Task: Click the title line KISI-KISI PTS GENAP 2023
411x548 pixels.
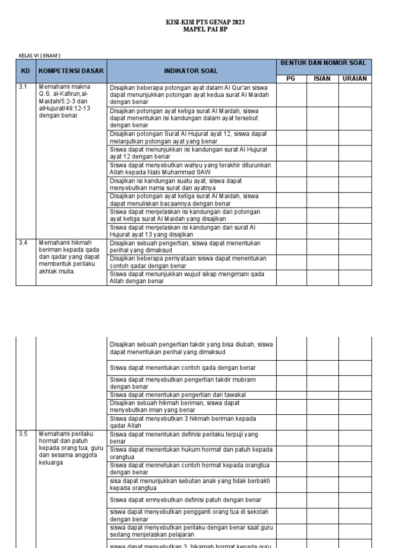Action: (x=205, y=22)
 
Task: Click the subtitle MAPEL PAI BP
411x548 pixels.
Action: (x=205, y=30)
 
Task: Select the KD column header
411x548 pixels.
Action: (x=25, y=71)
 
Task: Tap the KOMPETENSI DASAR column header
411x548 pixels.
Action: (x=71, y=71)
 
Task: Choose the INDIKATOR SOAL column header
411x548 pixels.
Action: (x=191, y=71)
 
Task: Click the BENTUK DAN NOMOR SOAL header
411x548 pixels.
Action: (x=323, y=63)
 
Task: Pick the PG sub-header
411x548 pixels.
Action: (x=291, y=79)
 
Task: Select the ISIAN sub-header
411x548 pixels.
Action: (x=322, y=79)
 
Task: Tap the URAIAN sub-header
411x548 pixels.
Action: (x=355, y=79)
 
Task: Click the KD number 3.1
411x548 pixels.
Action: (x=23, y=87)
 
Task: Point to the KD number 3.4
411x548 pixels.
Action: (x=23, y=243)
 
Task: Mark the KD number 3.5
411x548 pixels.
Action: (x=23, y=435)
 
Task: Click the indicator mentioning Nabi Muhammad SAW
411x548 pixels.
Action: (x=190, y=169)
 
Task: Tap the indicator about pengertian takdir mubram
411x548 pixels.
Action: (x=182, y=383)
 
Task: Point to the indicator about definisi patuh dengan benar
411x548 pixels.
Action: (x=185, y=500)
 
